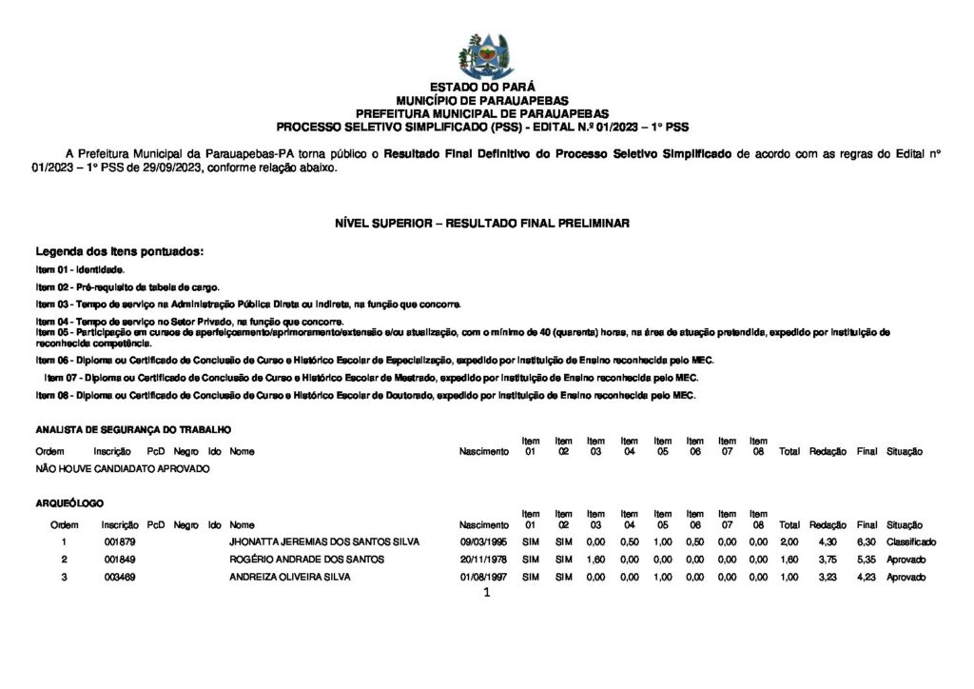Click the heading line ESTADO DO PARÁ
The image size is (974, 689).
[x=482, y=87]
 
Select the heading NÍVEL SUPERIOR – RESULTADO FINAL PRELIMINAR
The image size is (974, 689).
[x=482, y=223]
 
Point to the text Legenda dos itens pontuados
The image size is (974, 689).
[x=120, y=252]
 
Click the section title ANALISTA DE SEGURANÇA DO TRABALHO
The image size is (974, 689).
[x=133, y=430]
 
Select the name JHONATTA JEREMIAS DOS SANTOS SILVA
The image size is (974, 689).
[x=324, y=541]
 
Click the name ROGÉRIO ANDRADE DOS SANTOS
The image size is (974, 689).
[x=306, y=560]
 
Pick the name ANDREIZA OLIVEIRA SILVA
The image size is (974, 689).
[x=289, y=577]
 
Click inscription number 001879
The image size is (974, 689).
[x=119, y=541]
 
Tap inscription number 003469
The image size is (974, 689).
[x=119, y=577]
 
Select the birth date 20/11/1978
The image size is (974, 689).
[x=483, y=560]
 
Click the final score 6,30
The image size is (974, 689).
[x=866, y=541]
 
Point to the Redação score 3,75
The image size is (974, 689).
[x=827, y=560]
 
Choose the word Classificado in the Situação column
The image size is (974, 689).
[x=911, y=541]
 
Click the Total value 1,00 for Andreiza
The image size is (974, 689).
[x=789, y=577]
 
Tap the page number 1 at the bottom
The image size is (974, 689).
[x=486, y=593]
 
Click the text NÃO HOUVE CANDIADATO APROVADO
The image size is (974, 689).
[x=123, y=469]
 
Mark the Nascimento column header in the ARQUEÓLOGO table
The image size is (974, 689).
[x=483, y=524]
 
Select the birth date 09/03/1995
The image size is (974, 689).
[x=483, y=541]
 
